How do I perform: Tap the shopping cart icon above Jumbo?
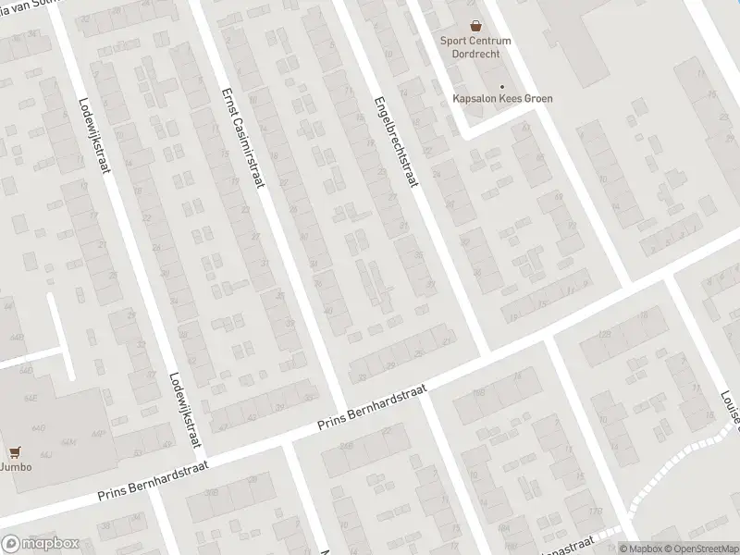pyautogui.click(x=14, y=452)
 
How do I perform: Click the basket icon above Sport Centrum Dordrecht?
pyautogui.click(x=475, y=27)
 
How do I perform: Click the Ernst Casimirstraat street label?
pyautogui.click(x=243, y=138)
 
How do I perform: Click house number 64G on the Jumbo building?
pyautogui.click(x=40, y=428)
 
